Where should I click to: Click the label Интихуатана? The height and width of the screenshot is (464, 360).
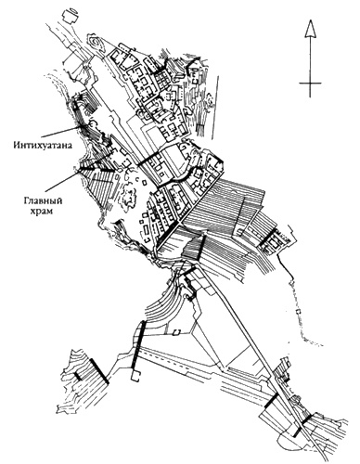point(43,145)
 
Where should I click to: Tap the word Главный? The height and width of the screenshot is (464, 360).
point(43,201)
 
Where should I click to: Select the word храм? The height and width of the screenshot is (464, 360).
point(44,212)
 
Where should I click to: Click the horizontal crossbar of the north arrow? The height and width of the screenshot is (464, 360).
point(310,84)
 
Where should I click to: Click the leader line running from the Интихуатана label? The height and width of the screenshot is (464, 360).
point(61,131)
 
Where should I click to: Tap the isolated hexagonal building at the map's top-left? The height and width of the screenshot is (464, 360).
point(71,16)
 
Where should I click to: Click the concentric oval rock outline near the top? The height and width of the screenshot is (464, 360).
point(96,43)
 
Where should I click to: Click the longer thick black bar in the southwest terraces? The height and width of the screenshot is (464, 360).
point(99,371)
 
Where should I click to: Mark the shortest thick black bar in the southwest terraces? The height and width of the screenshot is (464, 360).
point(78,376)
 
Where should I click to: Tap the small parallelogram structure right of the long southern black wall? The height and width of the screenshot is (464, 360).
point(176,332)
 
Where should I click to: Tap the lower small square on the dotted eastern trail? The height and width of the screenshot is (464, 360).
point(299,311)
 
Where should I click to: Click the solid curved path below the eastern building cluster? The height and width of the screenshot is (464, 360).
point(286,265)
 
